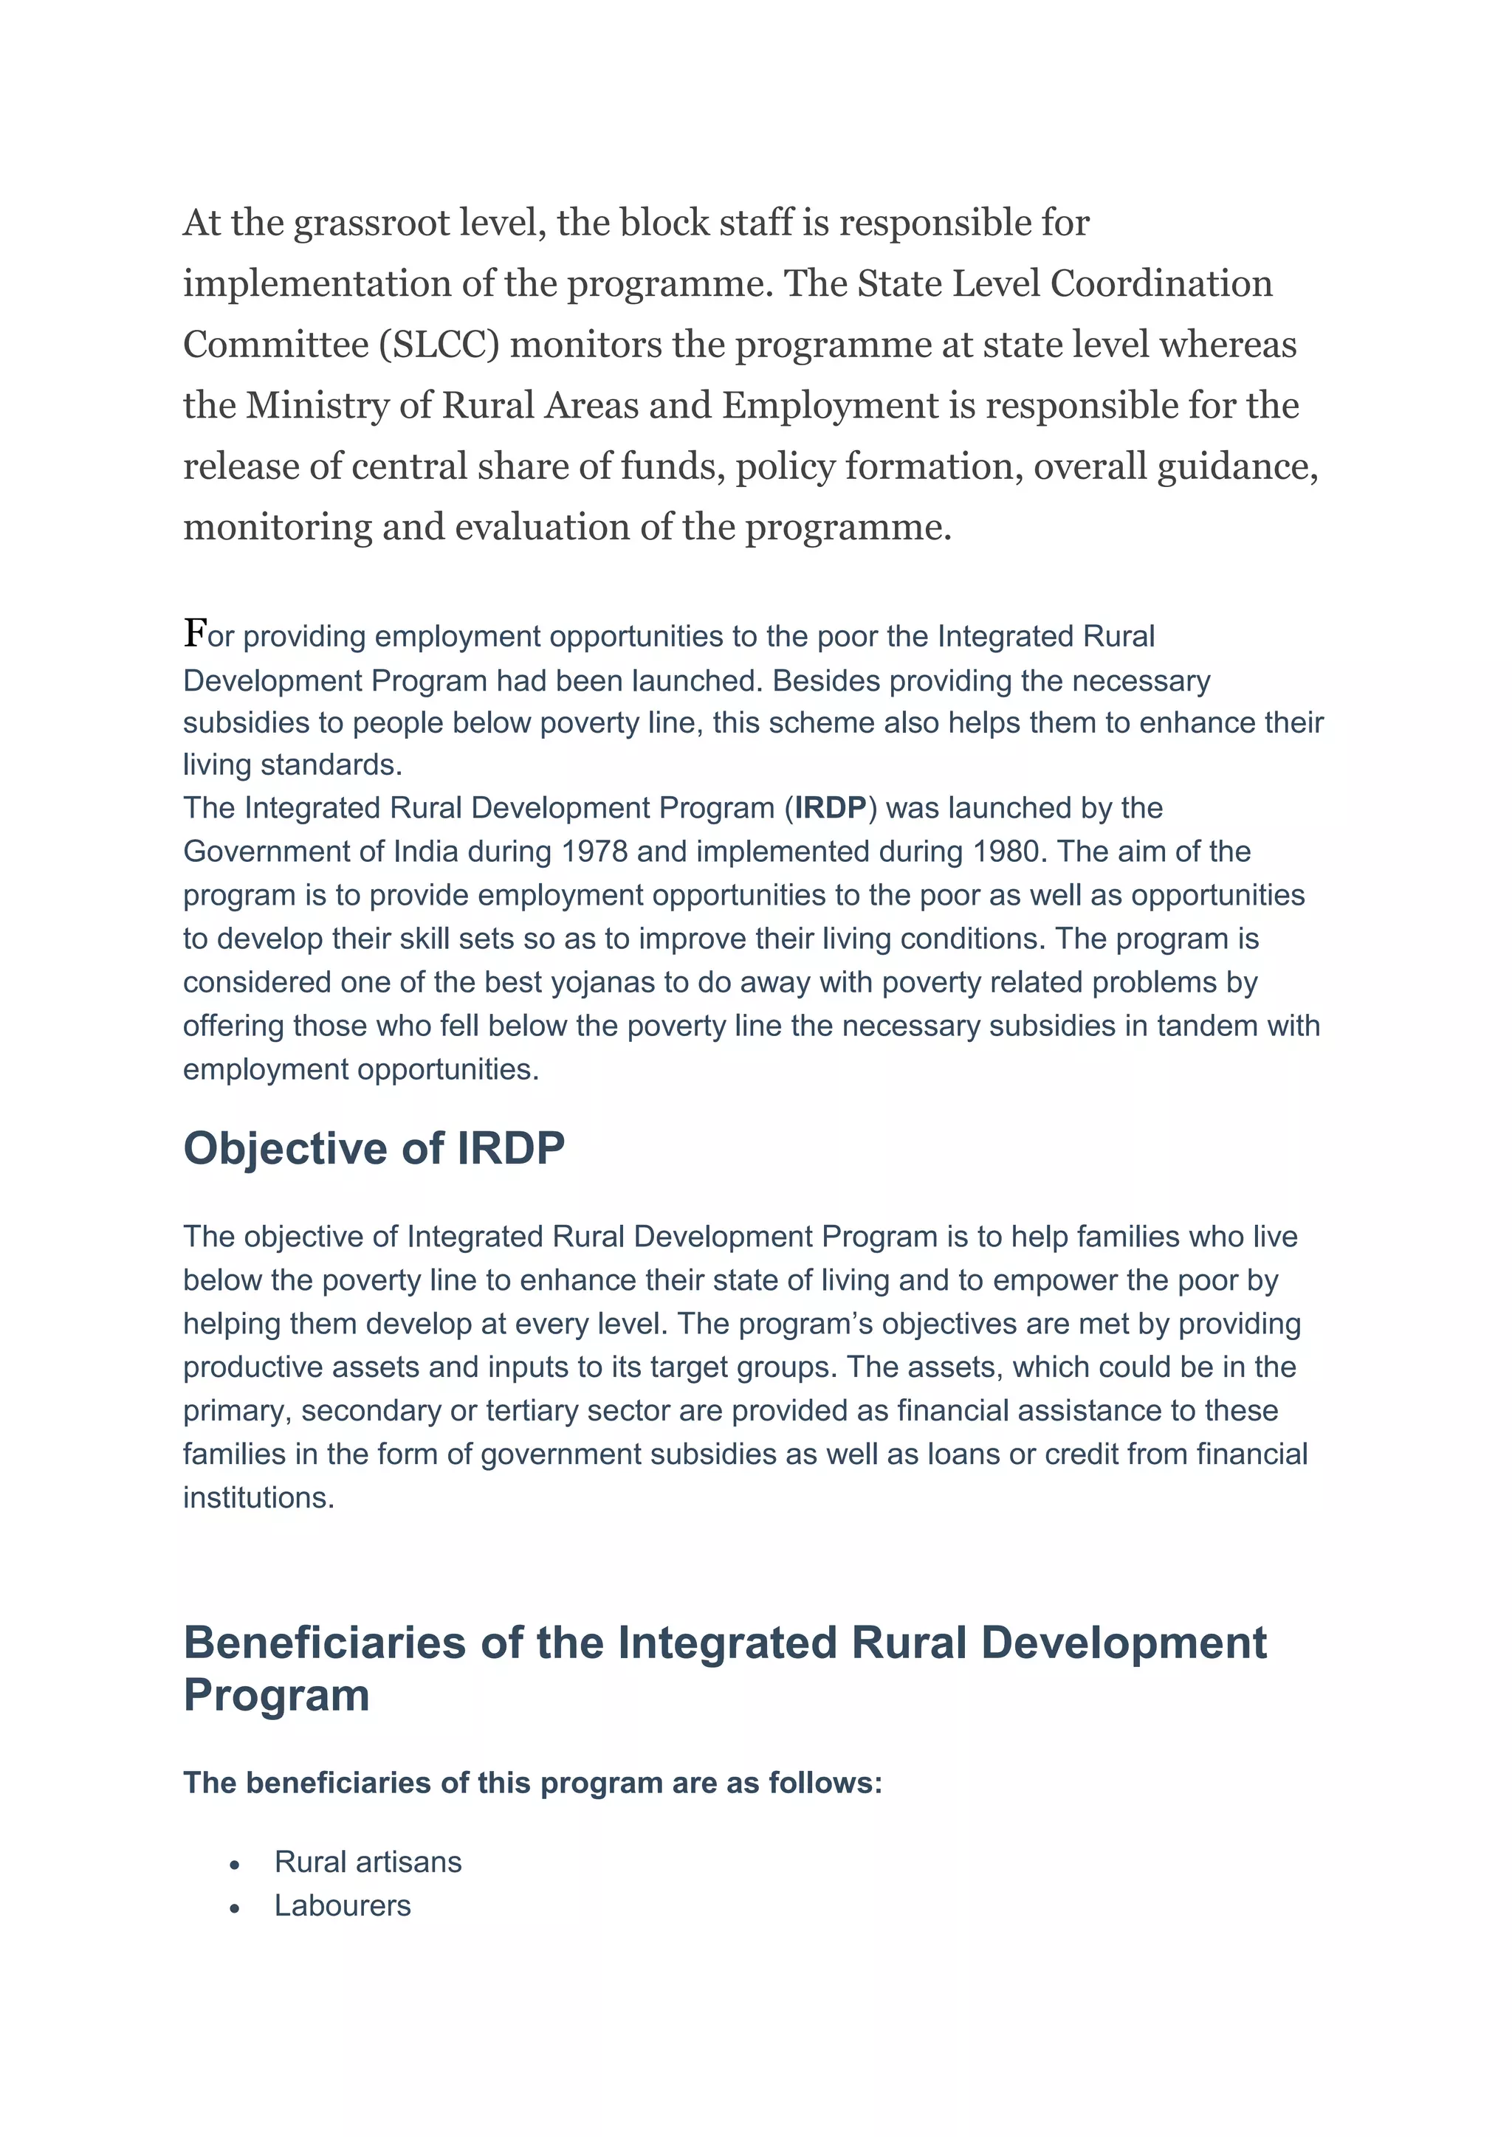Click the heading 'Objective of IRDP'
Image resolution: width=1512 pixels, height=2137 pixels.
click(x=374, y=1148)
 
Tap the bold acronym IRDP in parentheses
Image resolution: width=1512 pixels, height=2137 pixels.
click(x=830, y=808)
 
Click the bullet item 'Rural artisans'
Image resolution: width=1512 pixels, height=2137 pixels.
click(x=368, y=1862)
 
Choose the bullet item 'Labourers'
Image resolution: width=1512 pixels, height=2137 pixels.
click(x=343, y=1905)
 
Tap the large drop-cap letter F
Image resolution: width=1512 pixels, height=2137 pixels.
click(x=195, y=633)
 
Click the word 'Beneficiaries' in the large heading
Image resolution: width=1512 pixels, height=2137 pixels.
click(x=324, y=1643)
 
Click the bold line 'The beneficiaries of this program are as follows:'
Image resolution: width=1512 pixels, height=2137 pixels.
click(x=532, y=1782)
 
